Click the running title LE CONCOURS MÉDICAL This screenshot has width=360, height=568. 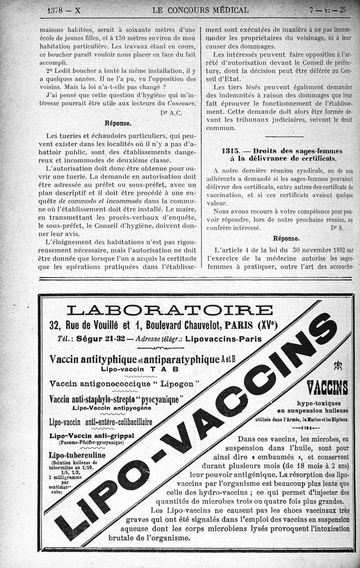[x=200, y=10]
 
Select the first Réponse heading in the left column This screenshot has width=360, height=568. [x=118, y=123]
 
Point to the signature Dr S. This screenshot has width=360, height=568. [x=337, y=228]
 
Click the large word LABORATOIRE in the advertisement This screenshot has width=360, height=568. [x=169, y=310]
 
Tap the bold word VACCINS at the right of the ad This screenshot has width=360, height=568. [x=327, y=387]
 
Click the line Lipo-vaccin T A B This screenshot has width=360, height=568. [x=139, y=369]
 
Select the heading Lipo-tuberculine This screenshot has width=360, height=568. [x=77, y=455]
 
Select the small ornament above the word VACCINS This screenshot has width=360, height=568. [x=337, y=366]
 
